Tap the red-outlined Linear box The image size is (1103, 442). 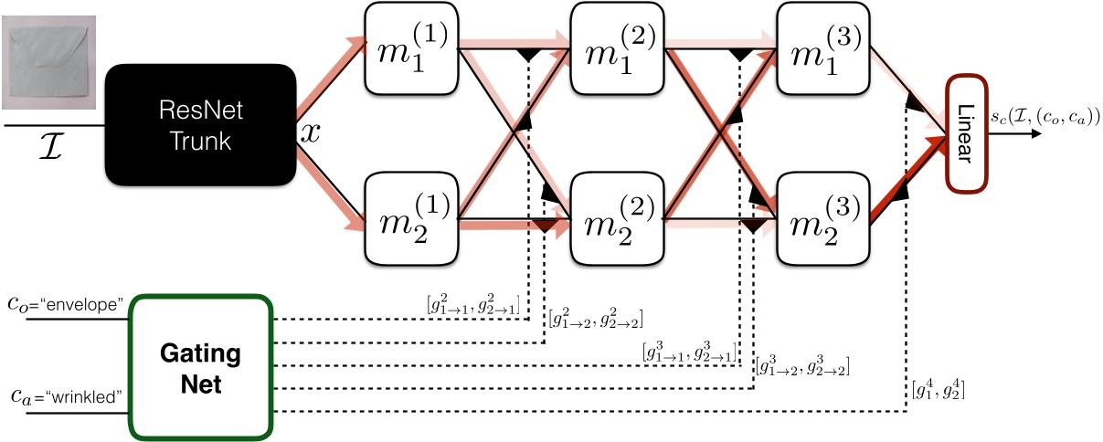967,132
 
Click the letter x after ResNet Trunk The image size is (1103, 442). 310,132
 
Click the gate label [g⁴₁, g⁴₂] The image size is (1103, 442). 937,392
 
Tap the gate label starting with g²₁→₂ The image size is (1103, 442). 596,319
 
